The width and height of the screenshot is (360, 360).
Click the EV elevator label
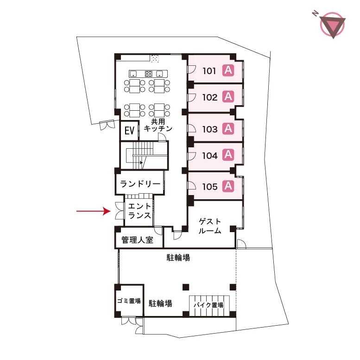[x=129, y=131]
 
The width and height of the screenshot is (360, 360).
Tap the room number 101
[x=209, y=71]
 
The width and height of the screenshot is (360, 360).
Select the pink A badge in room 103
[x=228, y=129]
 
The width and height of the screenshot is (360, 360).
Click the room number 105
[x=209, y=187]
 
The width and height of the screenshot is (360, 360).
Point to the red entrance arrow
[x=94, y=211]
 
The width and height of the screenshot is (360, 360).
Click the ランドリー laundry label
[x=140, y=184]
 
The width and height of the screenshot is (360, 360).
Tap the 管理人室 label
[x=137, y=240]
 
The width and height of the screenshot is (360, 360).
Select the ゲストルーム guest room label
[x=210, y=226]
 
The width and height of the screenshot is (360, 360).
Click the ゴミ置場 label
[x=129, y=301]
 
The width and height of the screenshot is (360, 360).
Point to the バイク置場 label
[x=208, y=305]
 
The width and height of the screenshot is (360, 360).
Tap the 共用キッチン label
[x=158, y=125]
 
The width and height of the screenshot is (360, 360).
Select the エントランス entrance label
[x=139, y=211]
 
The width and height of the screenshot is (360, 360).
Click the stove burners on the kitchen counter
[x=149, y=74]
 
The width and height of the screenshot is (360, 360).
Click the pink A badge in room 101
[x=228, y=70]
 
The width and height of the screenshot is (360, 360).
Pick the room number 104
[x=209, y=156]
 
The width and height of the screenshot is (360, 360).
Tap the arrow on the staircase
[x=141, y=163]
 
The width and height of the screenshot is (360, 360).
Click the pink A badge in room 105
[x=228, y=186]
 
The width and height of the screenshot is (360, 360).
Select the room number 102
[x=209, y=97]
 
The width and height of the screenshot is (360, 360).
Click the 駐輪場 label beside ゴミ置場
[x=160, y=303]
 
